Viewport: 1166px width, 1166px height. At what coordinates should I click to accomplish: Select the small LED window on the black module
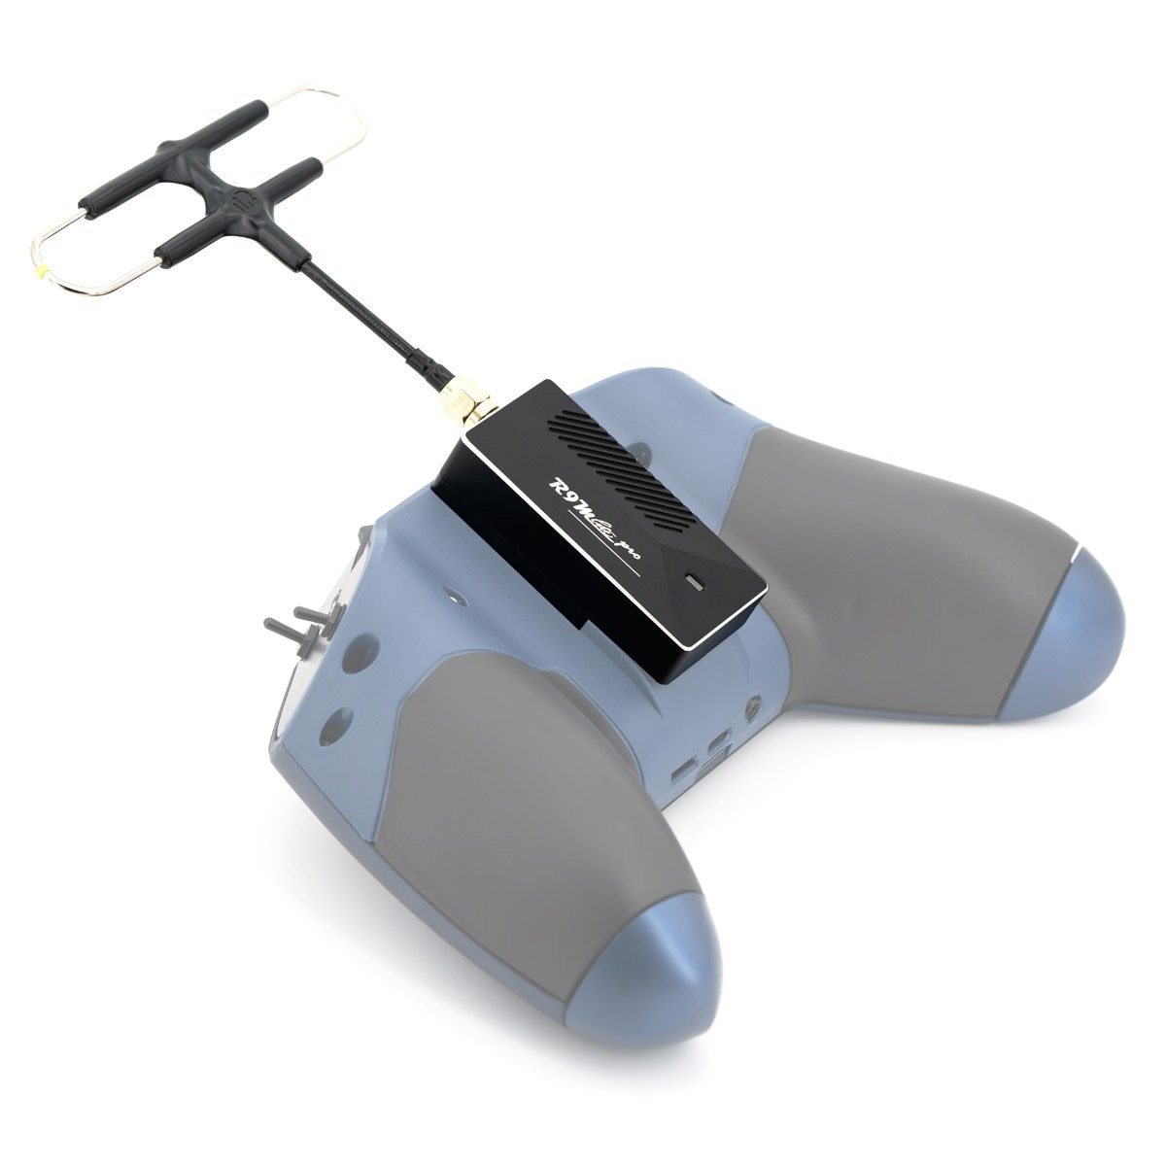695,581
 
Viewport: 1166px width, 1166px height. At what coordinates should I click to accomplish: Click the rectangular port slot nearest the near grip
683,767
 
